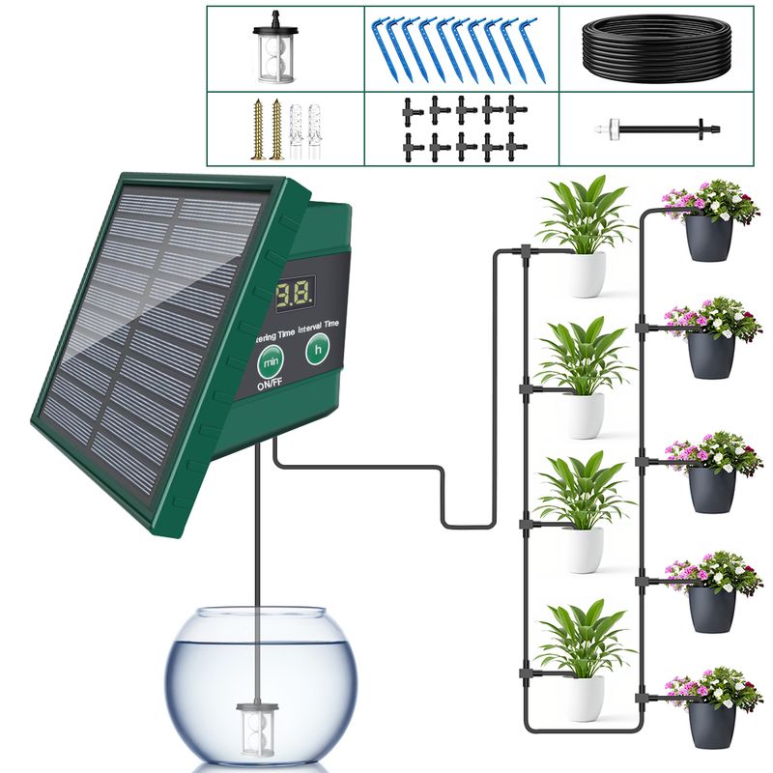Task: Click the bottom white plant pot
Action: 583,697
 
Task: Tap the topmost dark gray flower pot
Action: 708,238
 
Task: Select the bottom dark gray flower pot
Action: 711,723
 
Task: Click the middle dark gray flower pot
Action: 712,488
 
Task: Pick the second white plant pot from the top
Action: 584,415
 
